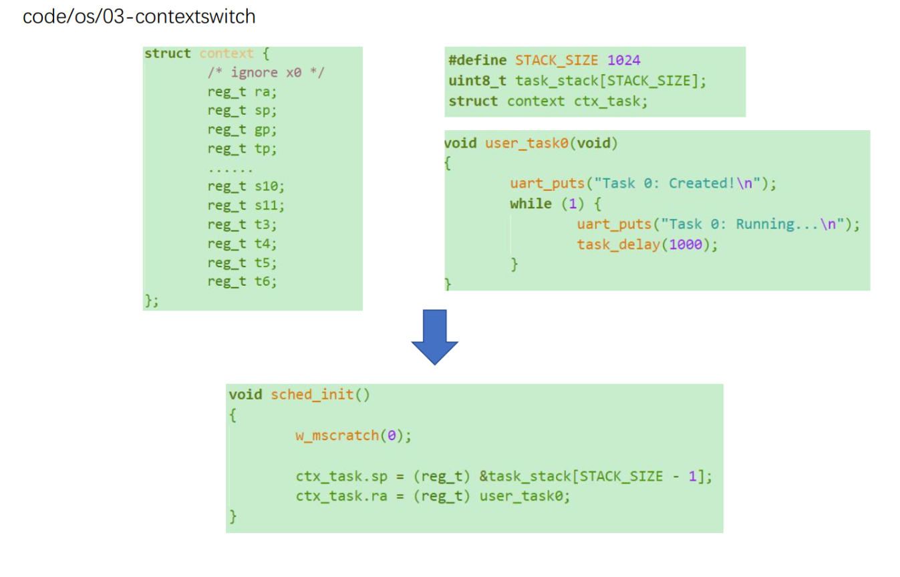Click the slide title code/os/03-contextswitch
coord(139,17)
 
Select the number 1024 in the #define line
coord(624,61)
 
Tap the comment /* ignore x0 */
coord(265,72)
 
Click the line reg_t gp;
coord(242,129)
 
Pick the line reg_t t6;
coord(242,281)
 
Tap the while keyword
coord(531,204)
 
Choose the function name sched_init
coord(312,395)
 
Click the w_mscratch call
coord(337,436)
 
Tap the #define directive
coord(477,61)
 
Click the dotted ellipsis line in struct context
coord(230,168)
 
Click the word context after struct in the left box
coord(227,53)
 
